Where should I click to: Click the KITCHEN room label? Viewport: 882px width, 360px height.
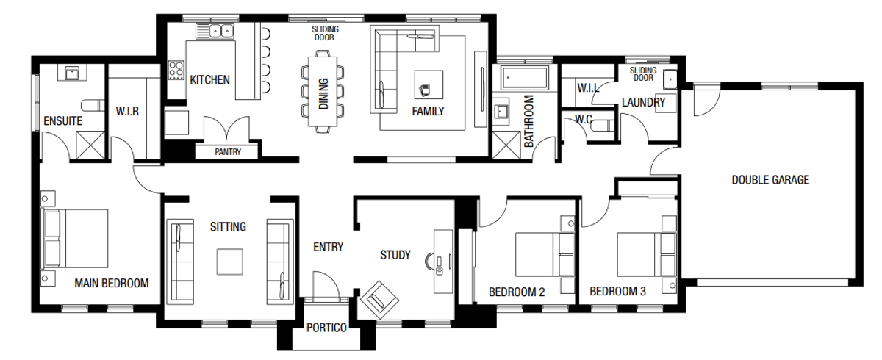(x=210, y=79)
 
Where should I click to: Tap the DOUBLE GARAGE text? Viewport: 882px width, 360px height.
(x=770, y=179)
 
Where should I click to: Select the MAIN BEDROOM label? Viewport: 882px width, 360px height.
(x=112, y=283)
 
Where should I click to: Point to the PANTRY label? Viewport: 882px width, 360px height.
(x=228, y=153)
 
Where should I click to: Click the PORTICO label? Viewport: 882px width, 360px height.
(x=326, y=328)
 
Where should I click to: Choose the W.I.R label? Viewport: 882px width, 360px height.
(x=127, y=112)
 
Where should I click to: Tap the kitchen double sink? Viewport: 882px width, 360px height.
(x=215, y=32)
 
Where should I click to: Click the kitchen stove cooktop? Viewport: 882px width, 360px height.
(x=176, y=70)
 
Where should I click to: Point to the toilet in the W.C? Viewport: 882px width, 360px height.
(x=601, y=126)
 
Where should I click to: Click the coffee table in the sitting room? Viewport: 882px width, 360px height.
(x=229, y=261)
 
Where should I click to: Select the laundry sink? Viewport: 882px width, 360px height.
(x=670, y=79)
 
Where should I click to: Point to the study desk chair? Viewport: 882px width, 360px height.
(x=429, y=259)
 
